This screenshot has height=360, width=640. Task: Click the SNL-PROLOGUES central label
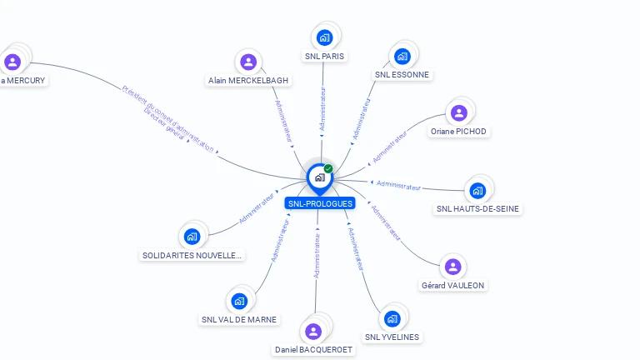[x=320, y=203]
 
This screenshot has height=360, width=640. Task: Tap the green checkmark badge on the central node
[x=328, y=169]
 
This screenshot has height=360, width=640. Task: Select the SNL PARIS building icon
[x=324, y=37]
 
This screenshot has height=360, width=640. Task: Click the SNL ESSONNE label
[x=402, y=74]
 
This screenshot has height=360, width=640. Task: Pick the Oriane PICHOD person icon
[x=458, y=112]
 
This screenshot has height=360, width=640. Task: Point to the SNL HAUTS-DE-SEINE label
[x=478, y=209]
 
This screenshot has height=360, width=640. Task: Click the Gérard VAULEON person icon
[x=452, y=267]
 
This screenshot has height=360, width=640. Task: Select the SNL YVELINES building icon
[x=392, y=318]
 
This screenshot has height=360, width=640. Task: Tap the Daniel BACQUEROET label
[x=314, y=350]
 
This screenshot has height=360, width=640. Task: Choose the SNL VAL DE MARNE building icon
[x=239, y=301]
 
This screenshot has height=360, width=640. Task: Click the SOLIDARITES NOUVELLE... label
[x=192, y=255]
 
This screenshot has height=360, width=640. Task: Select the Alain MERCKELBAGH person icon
[x=247, y=62]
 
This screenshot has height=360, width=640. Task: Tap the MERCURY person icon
[x=12, y=62]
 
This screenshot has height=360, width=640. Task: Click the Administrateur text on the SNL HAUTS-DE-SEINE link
[x=398, y=185]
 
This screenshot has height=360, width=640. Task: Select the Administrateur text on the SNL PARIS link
[x=323, y=107]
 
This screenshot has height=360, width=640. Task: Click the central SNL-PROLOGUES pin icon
[x=318, y=177]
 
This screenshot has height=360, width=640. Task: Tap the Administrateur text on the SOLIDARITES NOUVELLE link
[x=257, y=207]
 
